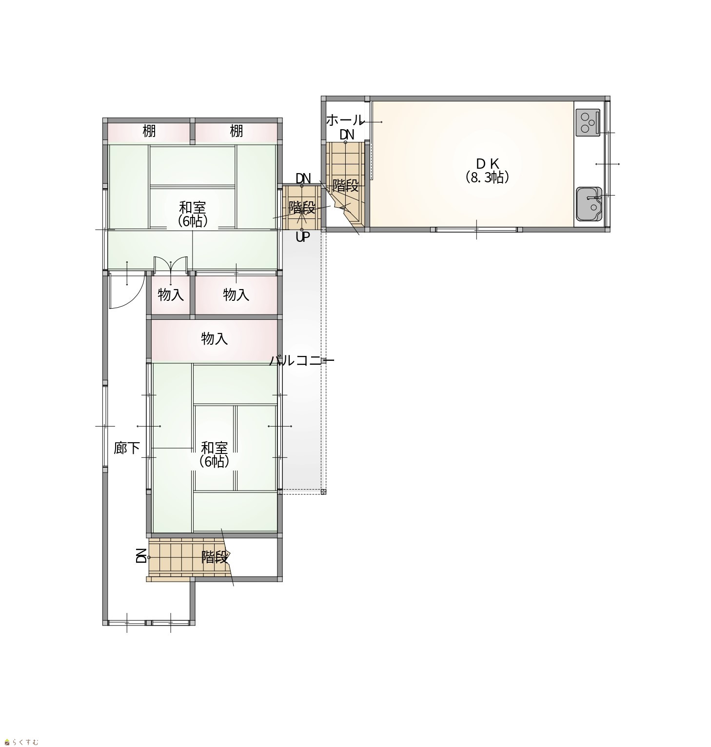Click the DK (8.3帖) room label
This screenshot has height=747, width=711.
(487, 170)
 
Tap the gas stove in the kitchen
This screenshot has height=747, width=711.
(588, 122)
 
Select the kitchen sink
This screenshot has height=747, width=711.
(589, 204)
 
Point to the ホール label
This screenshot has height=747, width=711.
(345, 119)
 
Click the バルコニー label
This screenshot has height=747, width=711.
(302, 361)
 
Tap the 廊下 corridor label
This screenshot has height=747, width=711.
(127, 448)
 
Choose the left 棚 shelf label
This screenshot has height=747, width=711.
(149, 131)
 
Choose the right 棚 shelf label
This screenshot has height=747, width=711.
(237, 131)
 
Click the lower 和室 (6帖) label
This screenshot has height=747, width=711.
(215, 454)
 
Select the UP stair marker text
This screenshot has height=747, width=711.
(303, 238)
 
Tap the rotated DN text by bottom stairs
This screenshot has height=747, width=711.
(141, 556)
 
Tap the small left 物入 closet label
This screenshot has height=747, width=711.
(171, 295)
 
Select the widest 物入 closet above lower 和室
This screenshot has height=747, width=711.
(215, 339)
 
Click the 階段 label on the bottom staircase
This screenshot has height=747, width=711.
(215, 557)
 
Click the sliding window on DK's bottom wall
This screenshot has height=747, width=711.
(476, 229)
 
